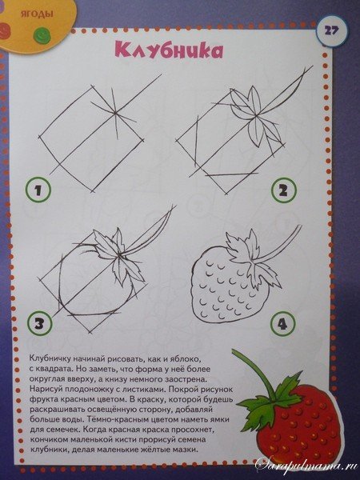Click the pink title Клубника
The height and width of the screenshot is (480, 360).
tap(169, 50)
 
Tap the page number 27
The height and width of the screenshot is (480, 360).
tap(332, 30)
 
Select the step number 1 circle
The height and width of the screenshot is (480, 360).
tap(38, 190)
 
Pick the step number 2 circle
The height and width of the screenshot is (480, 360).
tap(284, 190)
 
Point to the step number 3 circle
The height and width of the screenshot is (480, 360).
tap(39, 323)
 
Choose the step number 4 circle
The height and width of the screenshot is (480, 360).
tap(283, 324)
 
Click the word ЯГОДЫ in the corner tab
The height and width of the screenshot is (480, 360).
tap(37, 14)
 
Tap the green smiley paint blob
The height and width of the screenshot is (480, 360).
tap(42, 34)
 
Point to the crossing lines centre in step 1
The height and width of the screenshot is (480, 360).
tap(116, 113)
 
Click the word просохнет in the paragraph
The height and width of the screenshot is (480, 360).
tap(190, 430)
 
